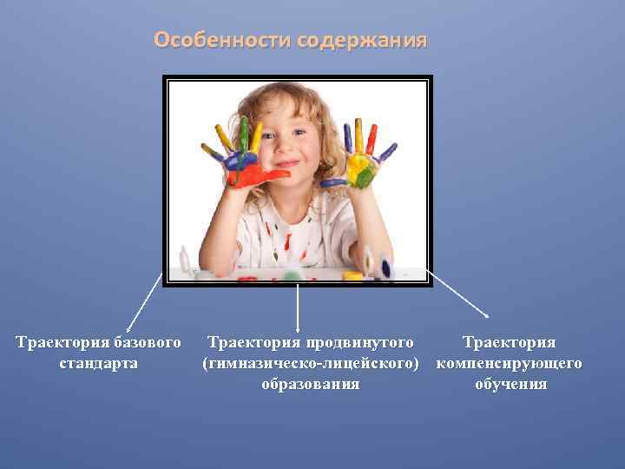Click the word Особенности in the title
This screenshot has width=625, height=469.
[223, 41]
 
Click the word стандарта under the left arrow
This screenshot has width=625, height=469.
[98, 363]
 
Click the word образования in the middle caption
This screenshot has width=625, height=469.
[311, 384]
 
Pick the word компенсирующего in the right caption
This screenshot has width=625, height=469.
[509, 363]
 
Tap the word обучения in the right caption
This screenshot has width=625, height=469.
[510, 384]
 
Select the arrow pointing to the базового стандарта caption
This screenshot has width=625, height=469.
[144, 301]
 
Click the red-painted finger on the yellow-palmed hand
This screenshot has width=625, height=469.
[372, 138]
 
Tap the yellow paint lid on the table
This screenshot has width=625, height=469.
[352, 276]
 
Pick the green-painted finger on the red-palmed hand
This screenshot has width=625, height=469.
[245, 135]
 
